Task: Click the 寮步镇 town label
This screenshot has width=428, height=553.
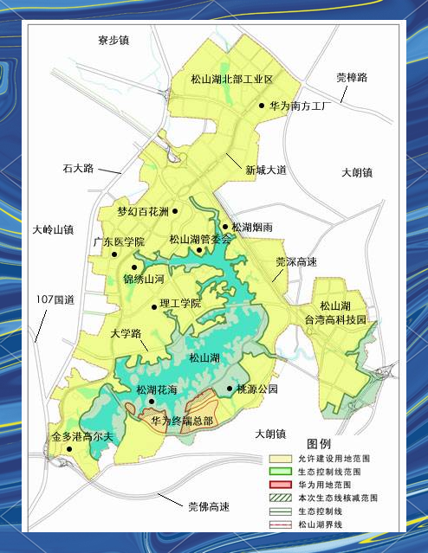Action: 113,40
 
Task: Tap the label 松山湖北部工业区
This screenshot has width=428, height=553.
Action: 231,79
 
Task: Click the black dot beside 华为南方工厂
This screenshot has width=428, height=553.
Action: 261,106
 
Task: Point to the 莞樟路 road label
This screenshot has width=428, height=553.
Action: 352,78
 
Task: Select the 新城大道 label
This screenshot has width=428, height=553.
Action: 264,170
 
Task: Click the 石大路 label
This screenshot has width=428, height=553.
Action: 78,168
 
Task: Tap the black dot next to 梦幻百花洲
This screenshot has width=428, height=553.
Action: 175,210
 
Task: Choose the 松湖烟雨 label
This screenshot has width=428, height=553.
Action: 253,227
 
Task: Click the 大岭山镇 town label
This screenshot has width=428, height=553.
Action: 53,230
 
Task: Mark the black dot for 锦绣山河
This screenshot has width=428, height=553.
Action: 134,267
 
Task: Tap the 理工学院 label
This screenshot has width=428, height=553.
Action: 180,304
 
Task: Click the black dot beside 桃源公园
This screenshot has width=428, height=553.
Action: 230,389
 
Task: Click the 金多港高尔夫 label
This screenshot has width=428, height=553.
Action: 82,437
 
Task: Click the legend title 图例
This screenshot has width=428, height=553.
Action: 319,444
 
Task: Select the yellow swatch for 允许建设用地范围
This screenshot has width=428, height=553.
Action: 281,459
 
